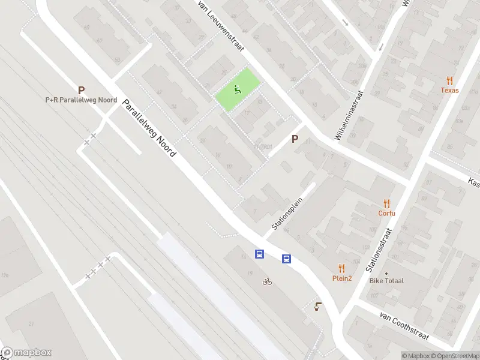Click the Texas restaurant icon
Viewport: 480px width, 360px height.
tap(449, 81)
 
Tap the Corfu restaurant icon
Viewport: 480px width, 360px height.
tap(387, 203)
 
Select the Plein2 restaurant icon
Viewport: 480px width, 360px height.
tap(342, 268)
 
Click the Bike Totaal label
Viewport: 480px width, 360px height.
tap(386, 280)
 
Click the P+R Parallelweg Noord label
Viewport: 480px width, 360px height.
tap(81, 100)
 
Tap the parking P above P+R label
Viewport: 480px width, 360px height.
tap(81, 89)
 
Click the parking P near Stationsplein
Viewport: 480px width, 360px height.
tap(295, 139)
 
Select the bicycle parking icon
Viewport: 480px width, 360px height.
tap(267, 281)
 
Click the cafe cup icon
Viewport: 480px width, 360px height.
tap(318, 307)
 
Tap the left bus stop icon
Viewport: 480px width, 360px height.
tap(260, 254)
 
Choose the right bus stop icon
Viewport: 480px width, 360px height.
tap(287, 259)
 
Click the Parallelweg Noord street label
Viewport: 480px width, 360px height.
tap(149, 128)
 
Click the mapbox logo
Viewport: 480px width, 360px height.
tap(26, 353)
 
